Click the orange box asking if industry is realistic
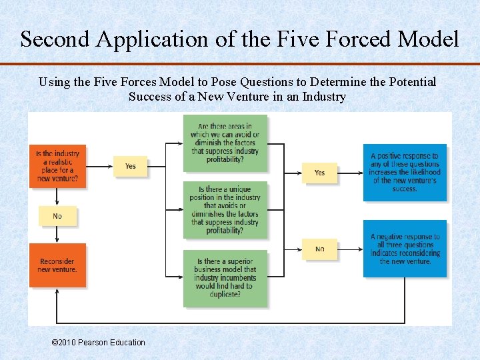point(57,165)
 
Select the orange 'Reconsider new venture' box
point(57,265)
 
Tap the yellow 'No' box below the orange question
point(57,216)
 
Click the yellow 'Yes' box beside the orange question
point(130,166)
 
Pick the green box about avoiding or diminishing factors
point(225,143)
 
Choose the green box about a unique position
point(225,209)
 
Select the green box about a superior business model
point(225,278)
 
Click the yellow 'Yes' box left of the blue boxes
point(319,173)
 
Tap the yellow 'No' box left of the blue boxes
point(319,249)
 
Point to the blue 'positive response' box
point(405,172)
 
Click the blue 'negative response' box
point(405,249)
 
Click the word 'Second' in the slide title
point(55,39)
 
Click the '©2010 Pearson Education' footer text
point(98,343)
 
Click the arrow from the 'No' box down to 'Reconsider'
point(57,235)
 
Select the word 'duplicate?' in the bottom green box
point(225,295)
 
